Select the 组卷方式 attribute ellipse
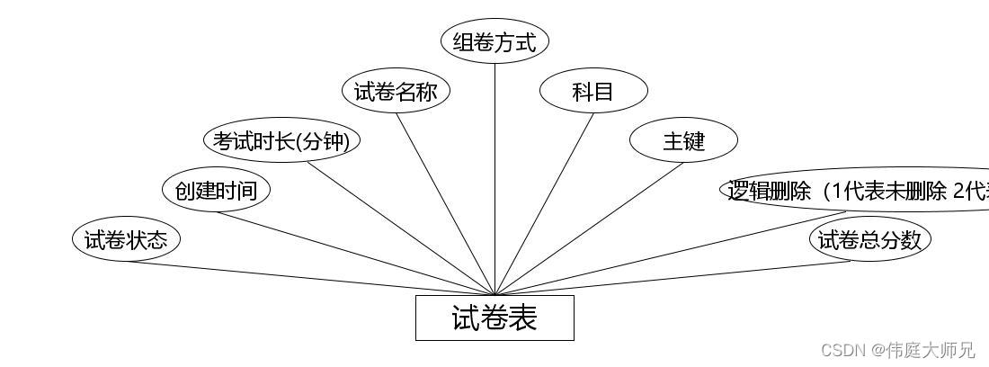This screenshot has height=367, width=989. pyautogui.click(x=494, y=41)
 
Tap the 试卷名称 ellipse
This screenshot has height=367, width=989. pyautogui.click(x=396, y=91)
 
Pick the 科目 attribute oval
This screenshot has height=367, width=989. pyautogui.click(x=593, y=91)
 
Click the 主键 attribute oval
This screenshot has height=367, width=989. pyautogui.click(x=683, y=141)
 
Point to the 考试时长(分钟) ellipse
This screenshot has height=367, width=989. pyautogui.click(x=281, y=141)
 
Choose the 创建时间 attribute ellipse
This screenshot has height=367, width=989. pyautogui.click(x=216, y=190)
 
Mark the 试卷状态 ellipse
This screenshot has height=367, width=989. pyautogui.click(x=126, y=239)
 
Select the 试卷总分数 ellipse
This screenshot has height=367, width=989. pyautogui.click(x=869, y=239)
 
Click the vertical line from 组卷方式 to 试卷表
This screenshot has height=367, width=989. pyautogui.click(x=494, y=180)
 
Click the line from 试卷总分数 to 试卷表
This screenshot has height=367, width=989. pyautogui.click(x=674, y=278)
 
